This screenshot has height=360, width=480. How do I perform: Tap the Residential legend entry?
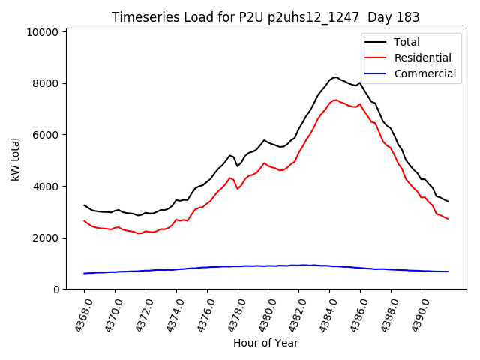pos(423,58)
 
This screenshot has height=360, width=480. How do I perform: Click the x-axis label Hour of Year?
pos(265,343)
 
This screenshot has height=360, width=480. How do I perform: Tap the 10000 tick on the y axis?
pos(42,32)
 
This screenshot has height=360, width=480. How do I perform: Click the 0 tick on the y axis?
pos(55,289)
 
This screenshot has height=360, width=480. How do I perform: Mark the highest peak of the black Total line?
pos(336,77)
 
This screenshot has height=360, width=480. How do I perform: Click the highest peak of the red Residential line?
pos(336,100)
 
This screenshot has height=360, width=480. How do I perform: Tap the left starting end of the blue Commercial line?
pos(84,273)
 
